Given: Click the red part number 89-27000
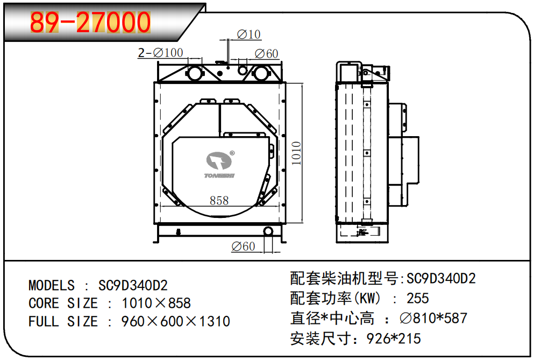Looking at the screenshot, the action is (x=90, y=22).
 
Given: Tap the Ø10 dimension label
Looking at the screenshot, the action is (x=248, y=34).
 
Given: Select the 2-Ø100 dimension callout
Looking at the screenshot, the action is (x=160, y=53).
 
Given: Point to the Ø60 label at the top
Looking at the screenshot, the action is (x=266, y=54).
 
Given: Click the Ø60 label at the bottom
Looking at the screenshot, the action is (x=243, y=246).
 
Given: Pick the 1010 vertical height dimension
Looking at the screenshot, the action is (x=296, y=153).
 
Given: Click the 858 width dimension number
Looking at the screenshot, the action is (x=219, y=201).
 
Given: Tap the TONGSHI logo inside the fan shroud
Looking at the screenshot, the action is (x=220, y=165).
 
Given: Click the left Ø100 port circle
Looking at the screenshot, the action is (x=195, y=73).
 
